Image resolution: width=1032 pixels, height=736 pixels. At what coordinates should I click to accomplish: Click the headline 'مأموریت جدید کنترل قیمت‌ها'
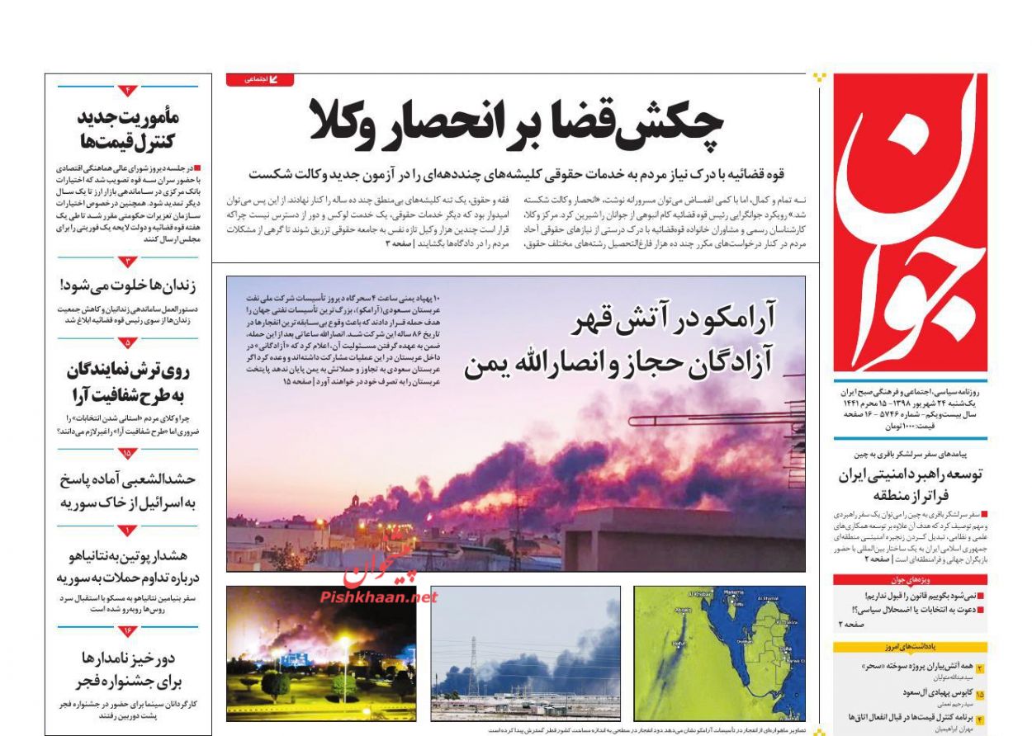point(128,128)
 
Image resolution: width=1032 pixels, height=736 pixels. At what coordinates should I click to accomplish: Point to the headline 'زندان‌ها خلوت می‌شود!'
point(128,286)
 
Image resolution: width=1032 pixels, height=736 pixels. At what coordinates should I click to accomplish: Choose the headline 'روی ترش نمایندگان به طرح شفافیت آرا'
point(128,381)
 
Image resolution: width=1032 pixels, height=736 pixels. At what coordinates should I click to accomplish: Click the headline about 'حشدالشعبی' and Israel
point(128,490)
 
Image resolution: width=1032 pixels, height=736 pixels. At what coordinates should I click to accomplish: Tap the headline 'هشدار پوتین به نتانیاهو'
point(128,565)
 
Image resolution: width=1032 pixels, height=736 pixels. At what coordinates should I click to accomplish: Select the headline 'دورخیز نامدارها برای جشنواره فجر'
point(128,669)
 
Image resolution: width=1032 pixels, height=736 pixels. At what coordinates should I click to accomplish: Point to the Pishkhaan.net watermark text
point(378,597)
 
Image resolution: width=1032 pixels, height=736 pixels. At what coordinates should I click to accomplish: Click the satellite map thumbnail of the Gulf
point(719,653)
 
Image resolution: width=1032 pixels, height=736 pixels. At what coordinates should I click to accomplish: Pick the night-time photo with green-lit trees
point(323,653)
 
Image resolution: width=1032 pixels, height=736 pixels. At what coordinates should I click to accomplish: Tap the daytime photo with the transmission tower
point(525,653)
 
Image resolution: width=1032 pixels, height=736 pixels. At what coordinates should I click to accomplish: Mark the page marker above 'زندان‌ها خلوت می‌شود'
point(127,262)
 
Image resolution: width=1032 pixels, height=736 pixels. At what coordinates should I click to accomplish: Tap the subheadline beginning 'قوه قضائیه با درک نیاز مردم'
point(517,174)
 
